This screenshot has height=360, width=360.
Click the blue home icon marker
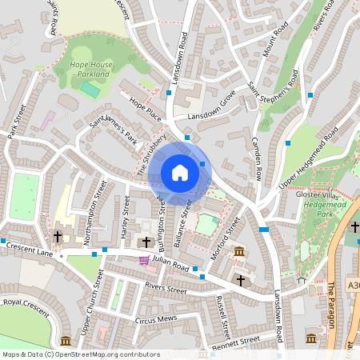(179, 172)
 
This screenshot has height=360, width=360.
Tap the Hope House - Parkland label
(89, 69)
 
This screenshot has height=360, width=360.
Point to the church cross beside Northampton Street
(58, 238)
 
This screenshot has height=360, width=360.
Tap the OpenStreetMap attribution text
(81, 354)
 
